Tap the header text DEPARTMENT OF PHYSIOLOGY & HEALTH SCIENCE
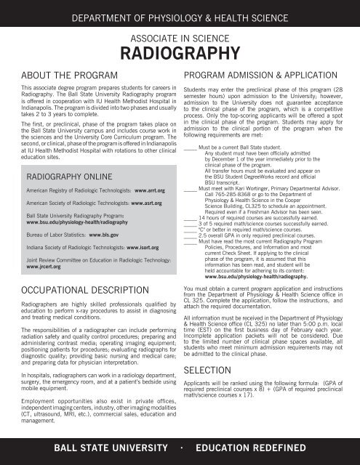[x=180, y=14]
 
